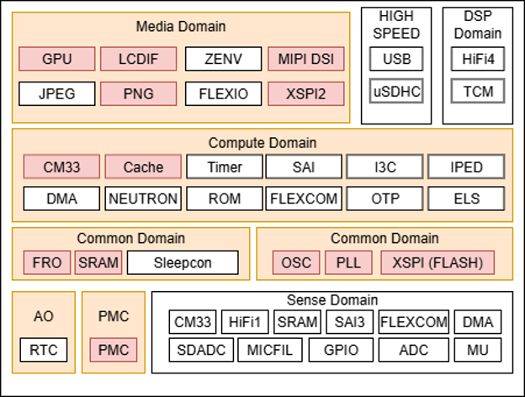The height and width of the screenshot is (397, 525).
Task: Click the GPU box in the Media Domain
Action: tap(57, 60)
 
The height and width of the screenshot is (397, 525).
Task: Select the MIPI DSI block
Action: tap(306, 60)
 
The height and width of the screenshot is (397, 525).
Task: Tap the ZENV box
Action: tap(223, 60)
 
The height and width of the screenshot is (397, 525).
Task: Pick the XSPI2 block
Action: tap(306, 93)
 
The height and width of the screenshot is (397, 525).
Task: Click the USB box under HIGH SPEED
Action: tap(396, 59)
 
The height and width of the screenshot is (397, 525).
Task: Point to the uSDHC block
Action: tap(396, 92)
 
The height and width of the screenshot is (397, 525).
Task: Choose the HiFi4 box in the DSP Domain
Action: tap(477, 59)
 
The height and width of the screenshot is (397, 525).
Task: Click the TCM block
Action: tap(477, 92)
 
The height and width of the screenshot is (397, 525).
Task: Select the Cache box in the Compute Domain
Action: tap(143, 167)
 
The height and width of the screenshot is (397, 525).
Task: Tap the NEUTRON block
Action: tap(143, 199)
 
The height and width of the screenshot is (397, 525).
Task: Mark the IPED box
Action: tap(466, 167)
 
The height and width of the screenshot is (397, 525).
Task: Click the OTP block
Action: tap(384, 199)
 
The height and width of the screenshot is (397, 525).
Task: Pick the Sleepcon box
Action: tap(183, 263)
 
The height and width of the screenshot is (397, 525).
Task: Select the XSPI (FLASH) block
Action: tap(437, 263)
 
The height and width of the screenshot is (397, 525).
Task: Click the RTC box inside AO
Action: tap(43, 349)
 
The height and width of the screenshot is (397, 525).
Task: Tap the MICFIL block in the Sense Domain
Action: tap(268, 350)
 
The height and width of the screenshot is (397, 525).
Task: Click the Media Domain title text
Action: tap(181, 26)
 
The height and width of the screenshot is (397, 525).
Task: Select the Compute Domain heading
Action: tap(262, 143)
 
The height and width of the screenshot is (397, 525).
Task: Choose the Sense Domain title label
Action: tap(332, 300)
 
